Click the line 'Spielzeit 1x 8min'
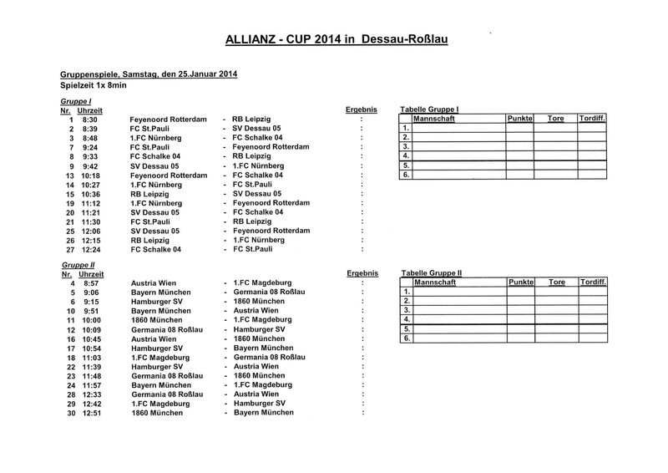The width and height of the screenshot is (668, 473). tap(94, 85)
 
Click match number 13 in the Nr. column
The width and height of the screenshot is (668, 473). tap(71, 175)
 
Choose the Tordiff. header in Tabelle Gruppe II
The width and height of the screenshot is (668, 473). tap(593, 283)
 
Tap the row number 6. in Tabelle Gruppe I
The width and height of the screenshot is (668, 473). tap(406, 175)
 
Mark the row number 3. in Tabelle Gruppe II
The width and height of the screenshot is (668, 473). tap(406, 310)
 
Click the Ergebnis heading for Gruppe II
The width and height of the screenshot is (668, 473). tap(361, 273)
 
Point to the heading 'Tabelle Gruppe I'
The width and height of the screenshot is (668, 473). tap(430, 109)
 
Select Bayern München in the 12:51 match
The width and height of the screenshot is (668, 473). tap(263, 413)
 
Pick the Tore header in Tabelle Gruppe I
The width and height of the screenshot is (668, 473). tap(555, 120)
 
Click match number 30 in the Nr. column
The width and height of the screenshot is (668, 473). tap(71, 413)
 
